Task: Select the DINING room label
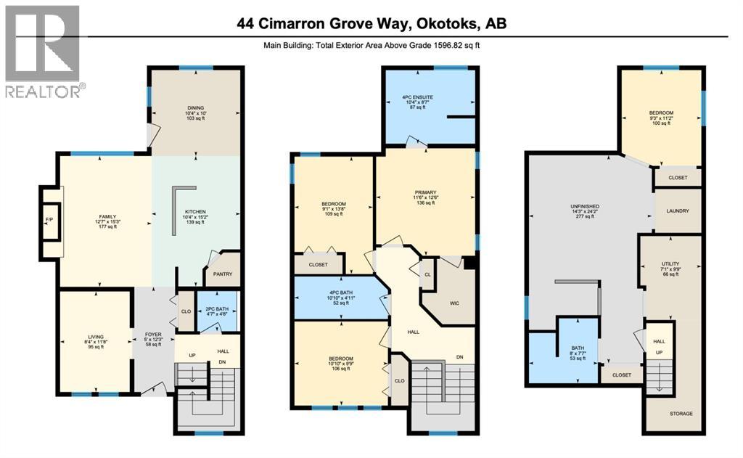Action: click(x=196, y=108)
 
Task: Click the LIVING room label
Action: click(x=96, y=337)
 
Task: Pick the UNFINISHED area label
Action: click(x=584, y=206)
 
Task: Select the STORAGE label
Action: click(x=681, y=413)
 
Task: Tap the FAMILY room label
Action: click(x=108, y=216)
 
